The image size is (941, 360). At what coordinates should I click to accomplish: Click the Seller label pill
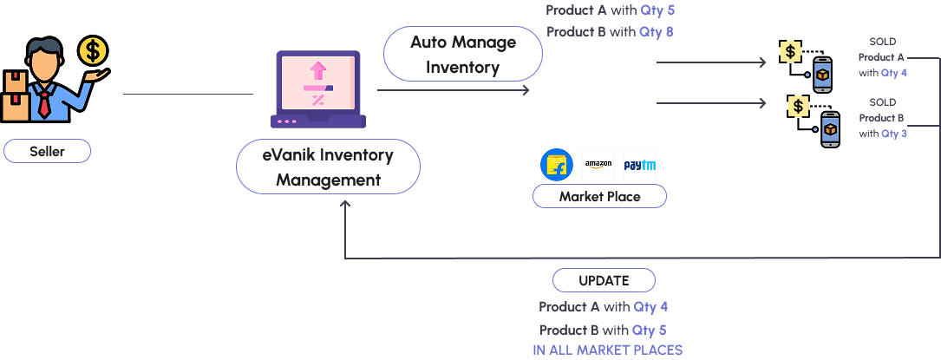(x=47, y=152)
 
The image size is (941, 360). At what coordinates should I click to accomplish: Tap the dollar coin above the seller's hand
(x=92, y=51)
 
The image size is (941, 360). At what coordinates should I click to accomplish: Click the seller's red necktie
(x=43, y=104)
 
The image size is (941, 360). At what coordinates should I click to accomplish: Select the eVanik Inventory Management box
(x=328, y=167)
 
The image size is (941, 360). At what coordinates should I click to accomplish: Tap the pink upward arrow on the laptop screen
(x=318, y=69)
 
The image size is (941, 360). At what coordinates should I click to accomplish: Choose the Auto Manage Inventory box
(x=463, y=55)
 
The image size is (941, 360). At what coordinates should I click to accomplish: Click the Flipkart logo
(x=557, y=165)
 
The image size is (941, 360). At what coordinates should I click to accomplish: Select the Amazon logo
(x=598, y=165)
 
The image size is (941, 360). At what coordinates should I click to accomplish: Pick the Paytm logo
(x=640, y=165)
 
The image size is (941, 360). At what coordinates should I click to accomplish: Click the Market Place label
(x=599, y=197)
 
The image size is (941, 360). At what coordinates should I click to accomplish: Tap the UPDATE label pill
(x=604, y=281)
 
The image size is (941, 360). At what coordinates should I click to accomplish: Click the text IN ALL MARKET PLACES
(x=607, y=350)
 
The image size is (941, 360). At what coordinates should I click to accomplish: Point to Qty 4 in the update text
(x=650, y=307)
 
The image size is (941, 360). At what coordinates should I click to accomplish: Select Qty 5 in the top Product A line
(x=657, y=10)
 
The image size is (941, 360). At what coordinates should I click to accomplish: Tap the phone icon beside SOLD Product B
(x=830, y=129)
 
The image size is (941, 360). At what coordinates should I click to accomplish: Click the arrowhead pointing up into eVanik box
(x=345, y=205)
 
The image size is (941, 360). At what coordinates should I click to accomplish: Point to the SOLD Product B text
(x=882, y=118)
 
